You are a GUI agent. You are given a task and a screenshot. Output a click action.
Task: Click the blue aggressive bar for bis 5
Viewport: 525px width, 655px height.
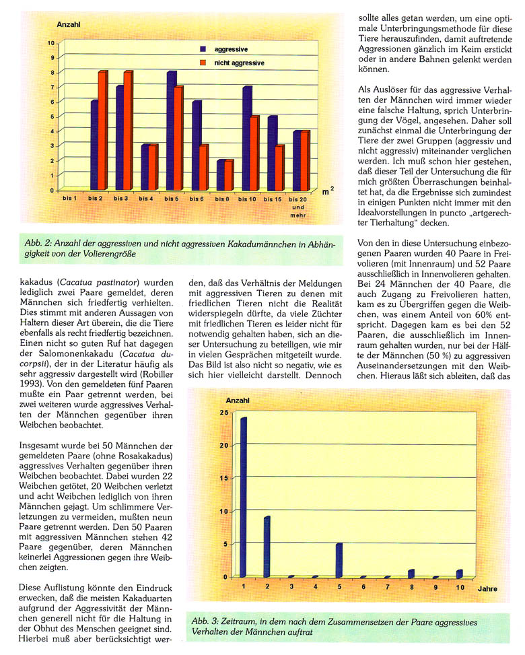point(171,131)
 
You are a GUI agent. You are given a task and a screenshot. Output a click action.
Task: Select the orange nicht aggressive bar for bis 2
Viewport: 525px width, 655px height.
point(102,131)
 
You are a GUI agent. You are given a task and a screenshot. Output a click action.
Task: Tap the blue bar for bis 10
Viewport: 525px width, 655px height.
point(246,139)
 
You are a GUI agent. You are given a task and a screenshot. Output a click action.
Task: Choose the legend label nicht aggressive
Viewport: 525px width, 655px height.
point(239,63)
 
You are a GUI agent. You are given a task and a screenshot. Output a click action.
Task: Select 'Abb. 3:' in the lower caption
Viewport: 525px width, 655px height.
point(205,622)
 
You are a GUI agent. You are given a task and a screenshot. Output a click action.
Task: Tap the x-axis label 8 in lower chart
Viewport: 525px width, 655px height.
point(411,588)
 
